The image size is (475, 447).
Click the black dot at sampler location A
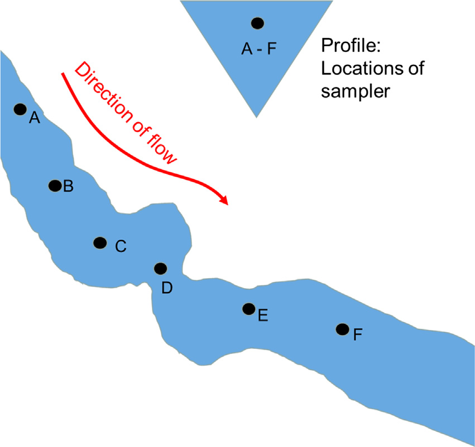(20, 109)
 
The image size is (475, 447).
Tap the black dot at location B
(55, 185)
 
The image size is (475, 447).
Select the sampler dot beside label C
(100, 242)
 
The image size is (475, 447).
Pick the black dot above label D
(161, 269)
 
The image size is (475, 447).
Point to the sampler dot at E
(249, 308)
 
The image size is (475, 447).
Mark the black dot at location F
(342, 329)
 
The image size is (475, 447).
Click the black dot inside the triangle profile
(257, 23)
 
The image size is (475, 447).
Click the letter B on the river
(68, 187)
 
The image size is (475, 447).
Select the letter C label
(121, 246)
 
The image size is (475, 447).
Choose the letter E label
(263, 316)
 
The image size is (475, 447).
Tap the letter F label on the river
(358, 334)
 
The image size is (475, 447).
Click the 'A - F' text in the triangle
(258, 50)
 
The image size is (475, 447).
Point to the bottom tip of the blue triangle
(256, 116)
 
